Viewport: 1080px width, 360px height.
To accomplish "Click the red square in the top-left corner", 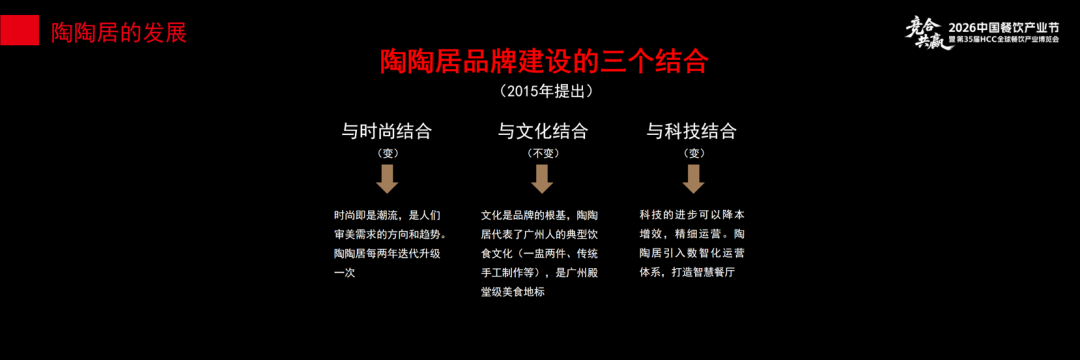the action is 20,31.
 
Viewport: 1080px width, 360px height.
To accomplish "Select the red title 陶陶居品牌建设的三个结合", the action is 544,61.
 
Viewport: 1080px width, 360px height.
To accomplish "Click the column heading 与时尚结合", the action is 387,131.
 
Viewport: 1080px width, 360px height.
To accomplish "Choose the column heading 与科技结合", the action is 691,131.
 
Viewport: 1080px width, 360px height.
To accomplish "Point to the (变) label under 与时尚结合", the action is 388,153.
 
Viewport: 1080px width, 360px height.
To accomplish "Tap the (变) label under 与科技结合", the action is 693,153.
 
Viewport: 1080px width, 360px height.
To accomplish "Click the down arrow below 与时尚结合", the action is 388,179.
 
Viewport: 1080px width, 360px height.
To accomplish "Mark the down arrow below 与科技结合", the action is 693,179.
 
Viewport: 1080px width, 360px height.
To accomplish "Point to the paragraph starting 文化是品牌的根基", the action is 542,253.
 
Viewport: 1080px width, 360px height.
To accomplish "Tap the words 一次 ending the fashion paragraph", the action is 344,272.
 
